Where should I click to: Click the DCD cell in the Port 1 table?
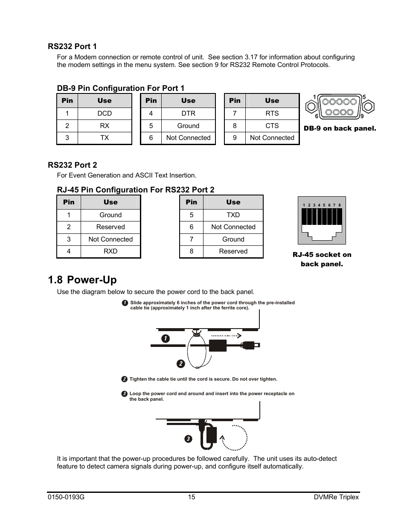105,114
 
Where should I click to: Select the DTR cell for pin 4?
188,114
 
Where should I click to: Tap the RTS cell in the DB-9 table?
272,114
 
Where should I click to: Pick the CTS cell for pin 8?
272,126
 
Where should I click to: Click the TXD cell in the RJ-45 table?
233,215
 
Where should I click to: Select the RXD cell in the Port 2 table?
110,251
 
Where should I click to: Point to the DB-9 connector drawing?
340,107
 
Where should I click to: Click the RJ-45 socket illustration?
322,220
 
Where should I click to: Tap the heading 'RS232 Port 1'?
72,47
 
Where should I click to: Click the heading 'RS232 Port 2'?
72,165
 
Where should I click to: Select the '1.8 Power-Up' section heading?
82,280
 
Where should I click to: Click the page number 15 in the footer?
192,497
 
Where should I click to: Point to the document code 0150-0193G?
66,497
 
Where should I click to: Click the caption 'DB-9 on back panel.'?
340,128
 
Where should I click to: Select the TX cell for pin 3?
105,138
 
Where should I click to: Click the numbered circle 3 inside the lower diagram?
189,439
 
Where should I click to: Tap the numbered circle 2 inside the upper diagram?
181,364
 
